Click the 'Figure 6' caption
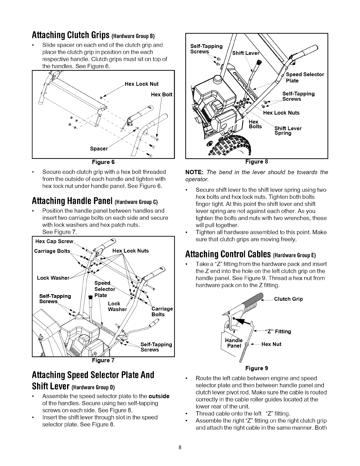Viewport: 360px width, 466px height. tap(103, 162)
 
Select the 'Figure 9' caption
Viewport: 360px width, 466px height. tap(256, 368)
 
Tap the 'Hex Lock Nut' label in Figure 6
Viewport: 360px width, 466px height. tap(142, 84)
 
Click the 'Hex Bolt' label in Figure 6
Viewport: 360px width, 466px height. tap(161, 94)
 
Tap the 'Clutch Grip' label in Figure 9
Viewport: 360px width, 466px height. tap(288, 299)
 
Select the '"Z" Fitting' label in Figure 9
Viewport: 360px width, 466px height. tap(278, 332)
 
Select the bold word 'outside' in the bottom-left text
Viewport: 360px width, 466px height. tap(159, 396)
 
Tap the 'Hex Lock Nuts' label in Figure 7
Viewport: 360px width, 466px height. tap(131, 251)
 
